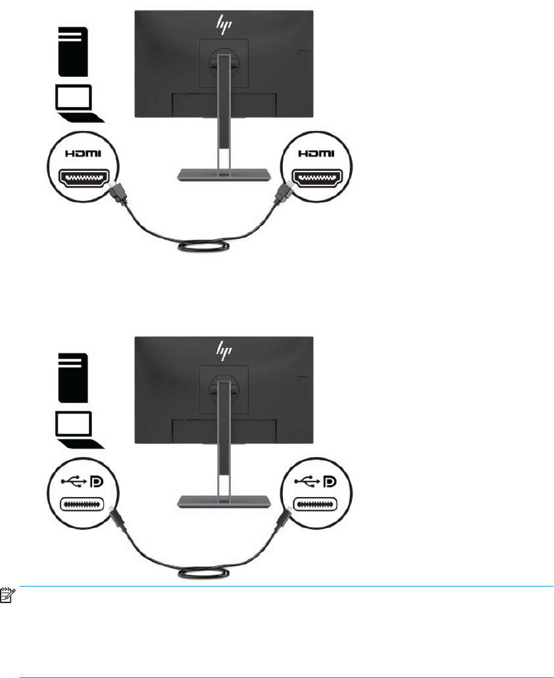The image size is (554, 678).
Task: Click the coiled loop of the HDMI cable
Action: pos(203,249)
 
